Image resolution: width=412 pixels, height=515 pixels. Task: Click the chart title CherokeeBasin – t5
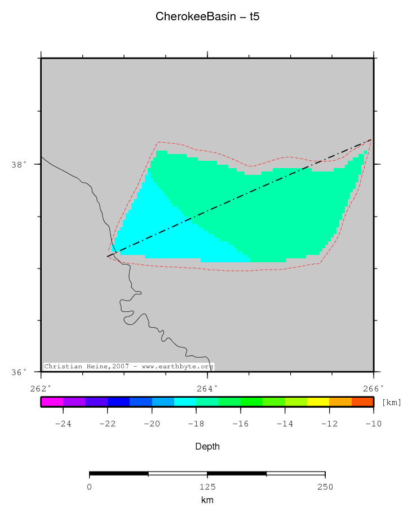point(207,17)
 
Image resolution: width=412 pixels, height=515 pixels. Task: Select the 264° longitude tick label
point(207,388)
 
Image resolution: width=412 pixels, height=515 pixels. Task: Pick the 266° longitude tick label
point(374,388)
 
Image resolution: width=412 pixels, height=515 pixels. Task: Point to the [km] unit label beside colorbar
point(392,402)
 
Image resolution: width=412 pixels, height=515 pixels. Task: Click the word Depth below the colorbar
point(207,446)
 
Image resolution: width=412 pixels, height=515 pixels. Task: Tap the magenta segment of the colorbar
point(52,402)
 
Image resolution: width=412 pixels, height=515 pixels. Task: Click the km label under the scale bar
point(207,500)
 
